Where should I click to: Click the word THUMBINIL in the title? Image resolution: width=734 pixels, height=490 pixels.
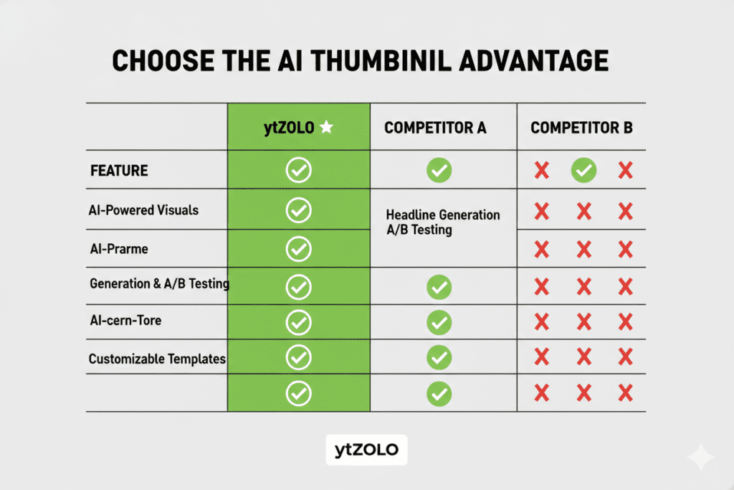[x=381, y=61]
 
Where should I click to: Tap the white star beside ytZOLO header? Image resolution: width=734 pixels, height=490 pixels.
[x=326, y=127]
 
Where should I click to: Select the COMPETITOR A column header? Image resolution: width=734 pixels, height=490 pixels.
[x=435, y=128]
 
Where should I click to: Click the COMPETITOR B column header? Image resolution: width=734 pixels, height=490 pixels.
[x=581, y=128]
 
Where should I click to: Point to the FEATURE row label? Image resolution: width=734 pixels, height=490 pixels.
[x=119, y=171]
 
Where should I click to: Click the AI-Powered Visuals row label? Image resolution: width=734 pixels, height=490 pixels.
[x=143, y=210]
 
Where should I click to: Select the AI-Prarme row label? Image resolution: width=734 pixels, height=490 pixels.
[x=119, y=249]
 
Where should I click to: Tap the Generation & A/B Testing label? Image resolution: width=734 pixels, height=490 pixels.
[x=160, y=283]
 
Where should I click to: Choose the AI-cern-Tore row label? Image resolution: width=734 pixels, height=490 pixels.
[x=125, y=321]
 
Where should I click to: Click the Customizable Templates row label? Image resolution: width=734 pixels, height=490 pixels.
[x=157, y=359]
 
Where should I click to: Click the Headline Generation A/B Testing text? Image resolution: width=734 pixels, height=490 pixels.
[x=443, y=222]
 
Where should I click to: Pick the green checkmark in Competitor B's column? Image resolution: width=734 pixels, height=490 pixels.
[x=583, y=170]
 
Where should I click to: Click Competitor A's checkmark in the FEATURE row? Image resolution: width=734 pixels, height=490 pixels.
[x=439, y=170]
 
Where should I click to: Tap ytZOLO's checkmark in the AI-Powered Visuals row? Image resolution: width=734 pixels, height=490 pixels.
[x=299, y=210]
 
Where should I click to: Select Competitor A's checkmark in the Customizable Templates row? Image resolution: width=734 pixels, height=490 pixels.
[x=439, y=357]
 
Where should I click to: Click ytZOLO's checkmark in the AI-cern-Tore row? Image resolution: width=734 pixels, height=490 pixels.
[x=299, y=322]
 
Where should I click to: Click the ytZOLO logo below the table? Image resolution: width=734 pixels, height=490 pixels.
[x=366, y=450]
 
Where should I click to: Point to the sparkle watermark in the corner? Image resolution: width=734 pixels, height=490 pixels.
[x=701, y=456]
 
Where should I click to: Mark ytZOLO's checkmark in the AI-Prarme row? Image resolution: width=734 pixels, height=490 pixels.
[x=299, y=249]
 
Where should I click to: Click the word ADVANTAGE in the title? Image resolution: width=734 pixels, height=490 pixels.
[x=533, y=61]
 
